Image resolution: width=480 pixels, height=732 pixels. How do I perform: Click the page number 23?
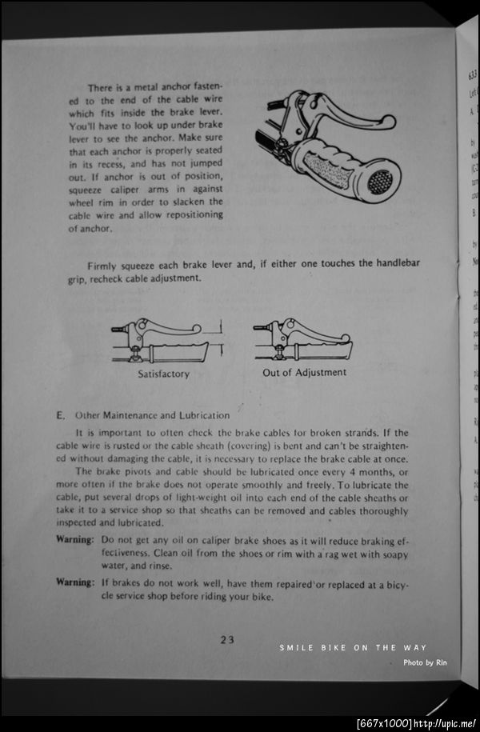(x=226, y=638)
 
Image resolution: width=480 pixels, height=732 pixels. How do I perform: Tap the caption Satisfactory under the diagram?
(x=163, y=374)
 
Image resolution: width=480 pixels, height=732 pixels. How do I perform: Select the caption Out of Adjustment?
(x=304, y=372)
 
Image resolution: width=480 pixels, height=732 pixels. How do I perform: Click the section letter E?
(x=60, y=415)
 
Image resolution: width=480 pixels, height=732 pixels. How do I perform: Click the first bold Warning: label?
(x=74, y=539)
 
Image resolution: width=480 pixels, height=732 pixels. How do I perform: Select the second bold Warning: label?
(x=74, y=582)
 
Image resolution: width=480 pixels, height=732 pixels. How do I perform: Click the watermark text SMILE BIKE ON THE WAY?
(x=353, y=648)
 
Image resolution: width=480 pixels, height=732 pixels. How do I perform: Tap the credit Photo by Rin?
(x=423, y=662)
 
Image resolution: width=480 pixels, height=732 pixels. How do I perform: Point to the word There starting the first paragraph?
(x=101, y=87)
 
